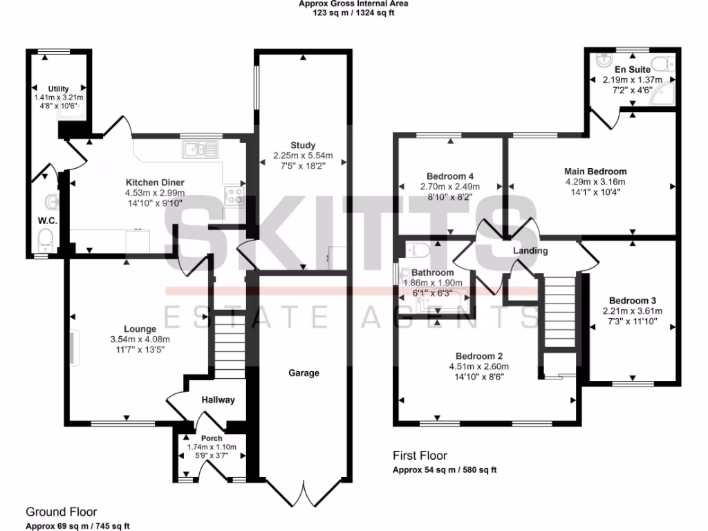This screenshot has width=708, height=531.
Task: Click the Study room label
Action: [x=303, y=145]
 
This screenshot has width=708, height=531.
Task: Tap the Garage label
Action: [x=304, y=373]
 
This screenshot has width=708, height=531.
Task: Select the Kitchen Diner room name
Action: [x=155, y=183]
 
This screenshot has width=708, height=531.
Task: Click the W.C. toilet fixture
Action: [x=46, y=240]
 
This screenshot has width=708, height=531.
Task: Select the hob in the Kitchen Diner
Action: [x=233, y=196]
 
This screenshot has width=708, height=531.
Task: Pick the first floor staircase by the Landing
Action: [x=559, y=312]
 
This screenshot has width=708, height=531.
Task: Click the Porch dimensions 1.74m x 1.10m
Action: [x=212, y=447]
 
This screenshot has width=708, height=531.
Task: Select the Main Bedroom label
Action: [x=595, y=171]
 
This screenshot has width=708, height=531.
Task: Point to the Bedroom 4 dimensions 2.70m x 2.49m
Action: [x=450, y=187]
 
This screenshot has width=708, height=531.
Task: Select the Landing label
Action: [x=530, y=251]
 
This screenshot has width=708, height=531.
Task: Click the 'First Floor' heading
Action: [x=420, y=456]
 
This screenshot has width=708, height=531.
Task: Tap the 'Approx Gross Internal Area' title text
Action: [x=353, y=3]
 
